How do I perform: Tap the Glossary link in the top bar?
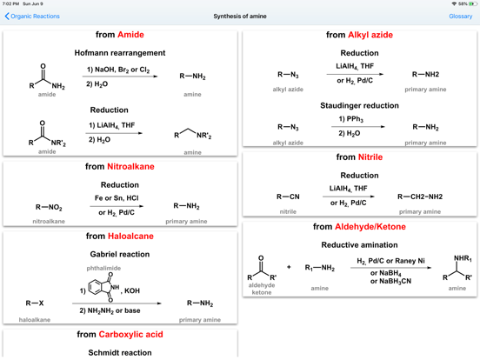click(x=460, y=17)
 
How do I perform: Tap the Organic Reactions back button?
click(x=32, y=17)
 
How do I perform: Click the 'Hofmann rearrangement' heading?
click(x=119, y=53)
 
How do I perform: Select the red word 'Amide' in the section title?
click(x=130, y=35)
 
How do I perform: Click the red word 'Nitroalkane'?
click(x=131, y=166)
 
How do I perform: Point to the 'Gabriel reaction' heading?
click(x=119, y=255)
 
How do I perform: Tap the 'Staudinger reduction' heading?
click(x=359, y=106)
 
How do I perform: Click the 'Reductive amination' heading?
click(x=359, y=245)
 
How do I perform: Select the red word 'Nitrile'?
click(x=370, y=157)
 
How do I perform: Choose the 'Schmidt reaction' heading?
click(x=119, y=352)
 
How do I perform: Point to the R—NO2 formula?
click(x=49, y=208)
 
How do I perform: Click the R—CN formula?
click(x=288, y=197)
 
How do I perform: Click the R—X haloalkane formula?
click(x=35, y=303)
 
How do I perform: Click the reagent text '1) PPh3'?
click(x=352, y=119)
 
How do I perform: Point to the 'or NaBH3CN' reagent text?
click(x=390, y=281)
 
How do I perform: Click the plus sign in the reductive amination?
click(x=289, y=268)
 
